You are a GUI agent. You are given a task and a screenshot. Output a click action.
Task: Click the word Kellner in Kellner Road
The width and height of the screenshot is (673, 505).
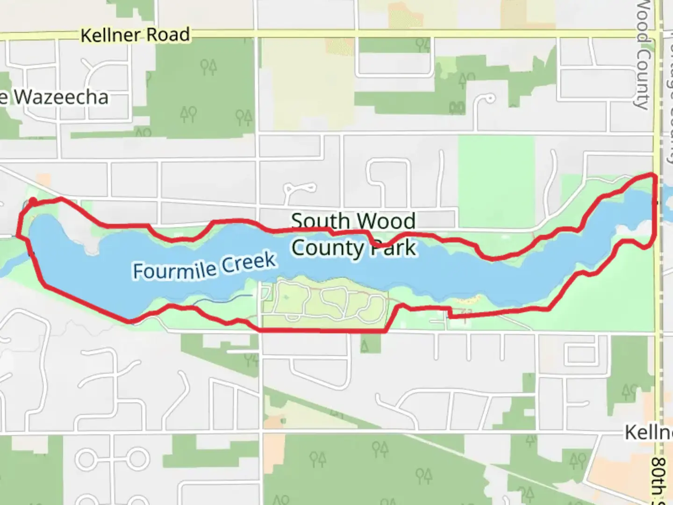click(110, 35)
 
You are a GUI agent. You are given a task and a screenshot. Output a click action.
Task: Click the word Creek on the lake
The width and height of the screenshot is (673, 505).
click(248, 262)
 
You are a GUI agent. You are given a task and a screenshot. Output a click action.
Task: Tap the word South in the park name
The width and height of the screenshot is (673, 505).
click(320, 221)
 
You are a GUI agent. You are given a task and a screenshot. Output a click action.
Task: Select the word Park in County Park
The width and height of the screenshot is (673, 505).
click(393, 248)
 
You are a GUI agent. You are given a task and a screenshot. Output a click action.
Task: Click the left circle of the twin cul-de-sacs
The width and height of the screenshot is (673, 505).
click(87, 459)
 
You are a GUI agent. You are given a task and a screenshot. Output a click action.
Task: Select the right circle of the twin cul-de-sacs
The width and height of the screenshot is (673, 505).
click(139, 459)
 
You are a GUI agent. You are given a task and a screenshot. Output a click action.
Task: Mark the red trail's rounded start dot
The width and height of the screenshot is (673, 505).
click(33, 202)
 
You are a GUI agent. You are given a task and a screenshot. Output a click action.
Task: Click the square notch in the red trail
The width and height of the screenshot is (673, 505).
click(450, 312)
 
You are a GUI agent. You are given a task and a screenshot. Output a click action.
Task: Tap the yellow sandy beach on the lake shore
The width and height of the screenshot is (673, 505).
click(467, 299)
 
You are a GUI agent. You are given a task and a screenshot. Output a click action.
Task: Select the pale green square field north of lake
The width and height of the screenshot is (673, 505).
click(495, 175)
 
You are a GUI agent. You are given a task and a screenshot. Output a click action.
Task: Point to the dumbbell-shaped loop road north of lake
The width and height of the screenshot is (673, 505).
click(299, 189)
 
